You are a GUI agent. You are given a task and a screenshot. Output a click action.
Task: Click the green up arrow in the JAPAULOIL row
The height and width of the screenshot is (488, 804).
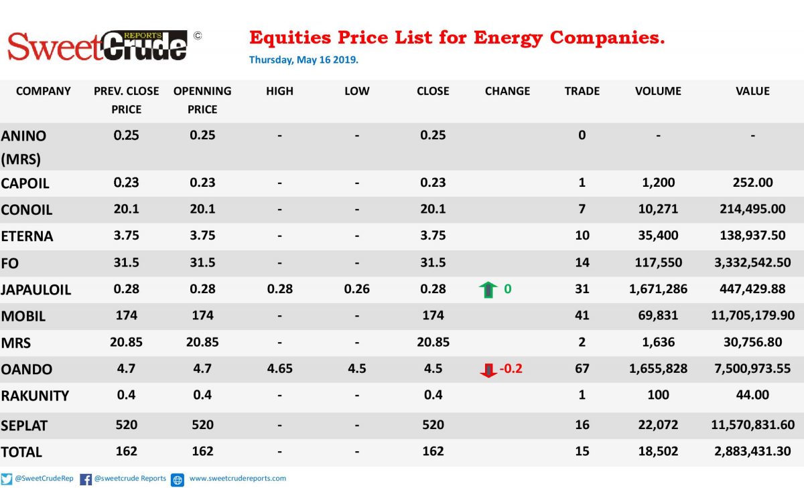coord(488,290)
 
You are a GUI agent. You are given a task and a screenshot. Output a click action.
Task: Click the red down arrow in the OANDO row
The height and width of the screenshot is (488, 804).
coord(488,370)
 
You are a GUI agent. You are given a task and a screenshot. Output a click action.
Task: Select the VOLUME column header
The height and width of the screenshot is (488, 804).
coord(658,91)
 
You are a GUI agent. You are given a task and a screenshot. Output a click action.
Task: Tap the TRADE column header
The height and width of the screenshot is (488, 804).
coord(582,91)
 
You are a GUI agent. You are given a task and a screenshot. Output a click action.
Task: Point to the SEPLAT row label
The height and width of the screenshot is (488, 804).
coord(24,426)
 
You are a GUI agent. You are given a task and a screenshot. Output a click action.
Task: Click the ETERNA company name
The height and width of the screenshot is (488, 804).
coord(27,236)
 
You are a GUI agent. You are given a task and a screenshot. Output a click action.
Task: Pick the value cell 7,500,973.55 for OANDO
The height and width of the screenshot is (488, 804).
coord(752,369)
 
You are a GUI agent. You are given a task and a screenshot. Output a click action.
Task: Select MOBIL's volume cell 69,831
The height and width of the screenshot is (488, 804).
coord(658,315)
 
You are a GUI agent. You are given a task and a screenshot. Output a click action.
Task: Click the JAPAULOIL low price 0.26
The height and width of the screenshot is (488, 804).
coord(356,289)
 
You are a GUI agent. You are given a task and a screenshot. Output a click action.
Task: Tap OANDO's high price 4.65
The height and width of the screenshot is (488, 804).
coord(279,369)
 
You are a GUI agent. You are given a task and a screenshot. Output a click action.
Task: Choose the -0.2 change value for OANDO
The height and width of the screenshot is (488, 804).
coord(511,369)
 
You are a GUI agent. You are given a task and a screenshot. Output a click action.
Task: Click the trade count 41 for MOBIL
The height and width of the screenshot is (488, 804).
coord(582,315)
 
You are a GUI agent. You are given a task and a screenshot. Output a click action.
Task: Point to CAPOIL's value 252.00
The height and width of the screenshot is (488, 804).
coord(752,183)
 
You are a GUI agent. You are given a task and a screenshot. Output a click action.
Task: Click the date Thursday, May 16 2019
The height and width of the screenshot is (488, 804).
coord(304,60)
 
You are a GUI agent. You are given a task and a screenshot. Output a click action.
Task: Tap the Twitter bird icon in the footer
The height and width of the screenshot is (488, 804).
coord(7,479)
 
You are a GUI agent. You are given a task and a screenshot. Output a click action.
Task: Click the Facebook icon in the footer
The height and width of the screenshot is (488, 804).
coord(86,479)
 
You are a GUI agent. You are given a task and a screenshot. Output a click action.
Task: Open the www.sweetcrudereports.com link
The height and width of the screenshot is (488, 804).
coord(238,479)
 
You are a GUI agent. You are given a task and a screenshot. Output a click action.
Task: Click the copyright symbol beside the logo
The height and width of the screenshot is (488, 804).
coord(198,36)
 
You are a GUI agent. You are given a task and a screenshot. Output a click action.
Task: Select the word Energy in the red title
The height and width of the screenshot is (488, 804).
coord(508,39)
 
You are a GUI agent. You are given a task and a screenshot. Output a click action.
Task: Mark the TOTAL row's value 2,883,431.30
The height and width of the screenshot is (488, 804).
coord(752,451)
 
